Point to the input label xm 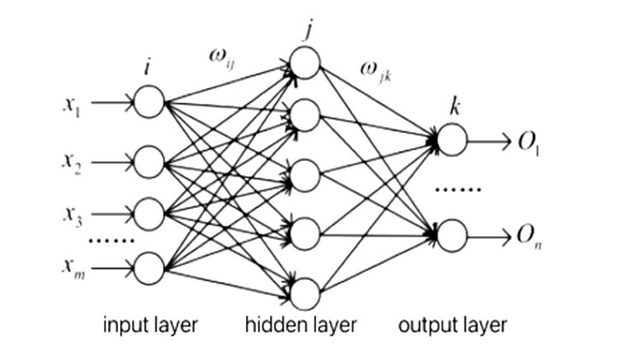[x=71, y=268]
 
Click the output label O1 [x=524, y=139]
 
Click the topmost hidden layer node [x=305, y=62]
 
